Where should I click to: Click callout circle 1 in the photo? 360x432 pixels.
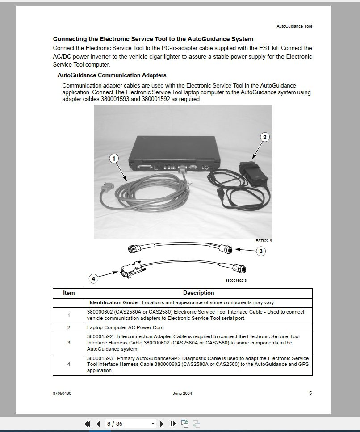[114, 158]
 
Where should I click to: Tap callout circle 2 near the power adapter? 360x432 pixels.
[264, 137]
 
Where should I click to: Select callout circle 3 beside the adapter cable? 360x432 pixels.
[260, 251]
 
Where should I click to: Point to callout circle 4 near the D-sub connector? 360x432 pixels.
[93, 279]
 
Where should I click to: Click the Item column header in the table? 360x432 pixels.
[69, 293]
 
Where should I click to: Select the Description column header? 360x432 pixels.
[198, 293]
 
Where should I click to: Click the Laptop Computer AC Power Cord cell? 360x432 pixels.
[126, 327]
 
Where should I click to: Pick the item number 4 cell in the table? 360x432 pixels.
[69, 365]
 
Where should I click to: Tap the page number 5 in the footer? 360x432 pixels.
[310, 393]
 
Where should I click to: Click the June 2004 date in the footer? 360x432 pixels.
[182, 394]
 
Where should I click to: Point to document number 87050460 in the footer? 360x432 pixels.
[62, 394]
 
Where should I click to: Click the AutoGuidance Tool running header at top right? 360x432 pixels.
[294, 26]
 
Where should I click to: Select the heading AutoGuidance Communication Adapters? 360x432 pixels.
[112, 75]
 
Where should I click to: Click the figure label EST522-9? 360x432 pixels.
[264, 241]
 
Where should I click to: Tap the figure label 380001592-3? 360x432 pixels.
[236, 281]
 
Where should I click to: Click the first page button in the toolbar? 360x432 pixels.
[88, 424]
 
